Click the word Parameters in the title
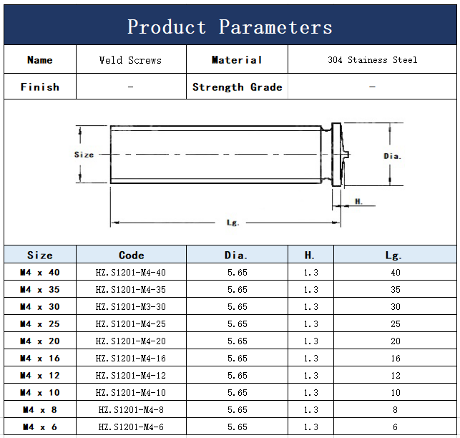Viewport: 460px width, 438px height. point(275,27)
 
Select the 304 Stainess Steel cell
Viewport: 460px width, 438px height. point(372,60)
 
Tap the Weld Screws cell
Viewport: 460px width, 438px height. point(130,60)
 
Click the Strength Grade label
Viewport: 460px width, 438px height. point(237,87)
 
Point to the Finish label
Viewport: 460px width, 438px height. point(40,87)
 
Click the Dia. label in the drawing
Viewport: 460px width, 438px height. point(392,156)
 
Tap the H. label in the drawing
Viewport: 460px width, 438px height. point(358,201)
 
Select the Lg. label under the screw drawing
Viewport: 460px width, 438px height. point(233,223)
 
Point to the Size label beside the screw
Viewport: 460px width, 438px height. point(84,155)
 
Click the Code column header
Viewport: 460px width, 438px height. point(131,255)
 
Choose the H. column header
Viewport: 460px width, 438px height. point(310,255)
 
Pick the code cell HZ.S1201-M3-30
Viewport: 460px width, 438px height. point(130,307)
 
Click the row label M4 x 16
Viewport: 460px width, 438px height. point(40,358)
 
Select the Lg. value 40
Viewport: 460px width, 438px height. point(395,273)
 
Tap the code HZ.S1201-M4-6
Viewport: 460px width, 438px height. point(131,427)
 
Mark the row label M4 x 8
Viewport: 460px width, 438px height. point(40,410)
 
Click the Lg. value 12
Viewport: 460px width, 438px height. point(395,376)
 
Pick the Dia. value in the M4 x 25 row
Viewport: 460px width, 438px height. point(238,323)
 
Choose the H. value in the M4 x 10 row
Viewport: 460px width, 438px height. point(310,392)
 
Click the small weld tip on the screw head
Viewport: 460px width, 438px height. point(348,154)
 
